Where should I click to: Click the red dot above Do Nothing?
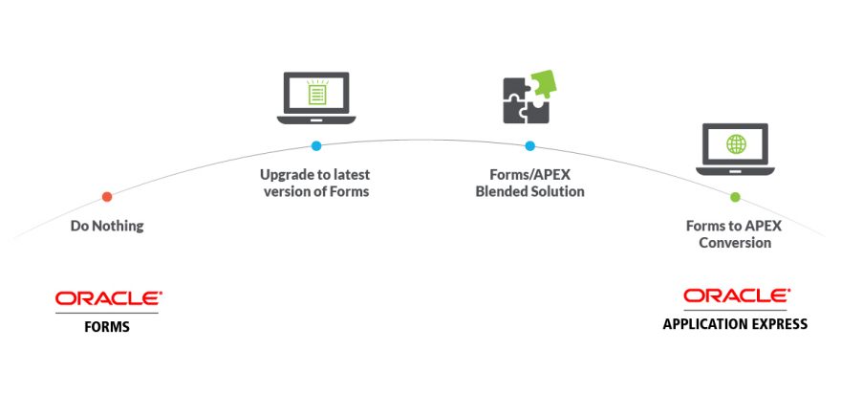tap(107, 197)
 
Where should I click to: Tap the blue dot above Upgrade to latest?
tap(316, 146)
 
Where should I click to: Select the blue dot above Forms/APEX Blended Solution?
tap(529, 146)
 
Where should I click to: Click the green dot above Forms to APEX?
tap(735, 197)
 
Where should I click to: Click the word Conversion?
tap(735, 243)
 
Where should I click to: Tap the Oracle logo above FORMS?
tap(108, 298)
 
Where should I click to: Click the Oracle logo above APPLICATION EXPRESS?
tap(736, 295)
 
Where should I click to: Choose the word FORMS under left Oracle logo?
tap(107, 327)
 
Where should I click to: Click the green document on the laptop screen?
tap(316, 94)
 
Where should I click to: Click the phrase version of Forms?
tap(315, 192)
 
